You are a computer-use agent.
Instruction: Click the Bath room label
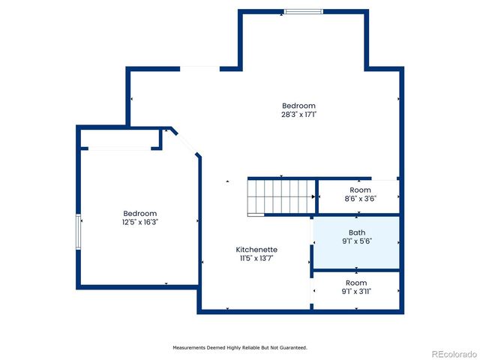357,232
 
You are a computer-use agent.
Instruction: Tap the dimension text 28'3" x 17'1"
298,115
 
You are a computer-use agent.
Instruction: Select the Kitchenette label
256,249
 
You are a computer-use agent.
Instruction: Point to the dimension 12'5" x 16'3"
140,222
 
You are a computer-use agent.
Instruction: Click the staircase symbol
280,196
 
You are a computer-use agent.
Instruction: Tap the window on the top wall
304,11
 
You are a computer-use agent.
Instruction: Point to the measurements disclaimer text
240,347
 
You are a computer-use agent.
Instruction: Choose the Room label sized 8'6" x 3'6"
359,190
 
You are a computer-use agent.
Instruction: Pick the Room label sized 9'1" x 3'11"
357,283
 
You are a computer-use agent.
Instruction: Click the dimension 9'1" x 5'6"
357,241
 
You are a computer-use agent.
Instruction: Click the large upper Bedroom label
298,106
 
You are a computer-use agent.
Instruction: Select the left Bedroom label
140,213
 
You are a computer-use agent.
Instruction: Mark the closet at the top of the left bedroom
120,139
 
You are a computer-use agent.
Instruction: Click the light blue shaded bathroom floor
375,255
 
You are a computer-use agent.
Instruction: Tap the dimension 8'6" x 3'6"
359,199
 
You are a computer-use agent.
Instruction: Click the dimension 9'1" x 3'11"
357,292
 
